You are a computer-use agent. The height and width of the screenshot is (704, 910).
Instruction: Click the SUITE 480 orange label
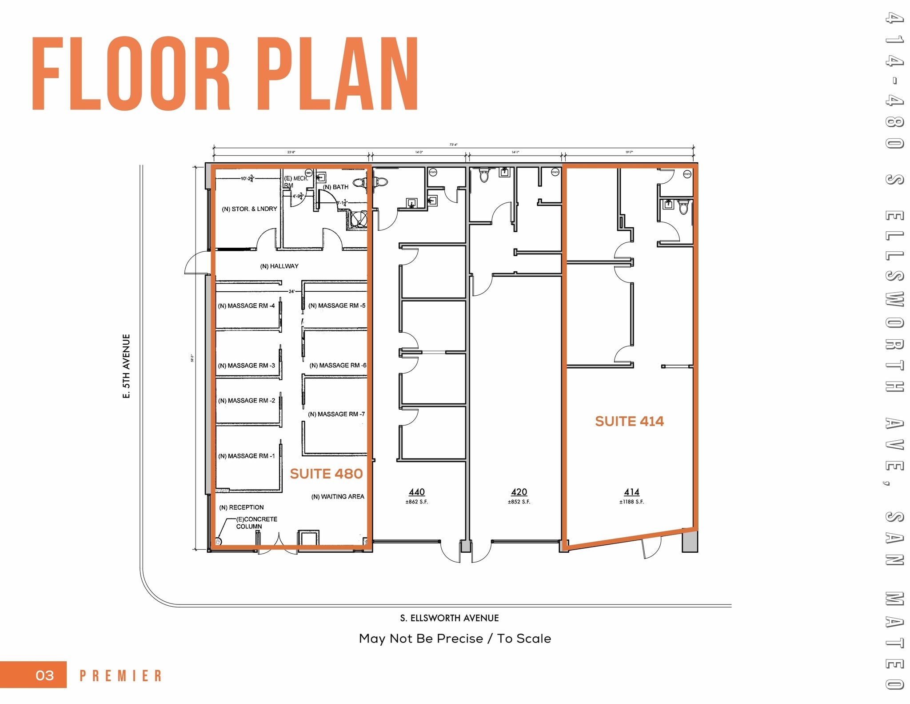tap(326, 474)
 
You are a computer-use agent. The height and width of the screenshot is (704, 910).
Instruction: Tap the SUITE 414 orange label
tap(629, 421)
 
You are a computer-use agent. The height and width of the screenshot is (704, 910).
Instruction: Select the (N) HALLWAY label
tap(279, 266)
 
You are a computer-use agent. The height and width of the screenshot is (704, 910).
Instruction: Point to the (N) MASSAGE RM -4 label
tap(246, 306)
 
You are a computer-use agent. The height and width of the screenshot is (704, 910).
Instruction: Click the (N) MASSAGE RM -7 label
tap(336, 414)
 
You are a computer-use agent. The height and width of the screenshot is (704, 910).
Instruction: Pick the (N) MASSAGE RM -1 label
tap(246, 456)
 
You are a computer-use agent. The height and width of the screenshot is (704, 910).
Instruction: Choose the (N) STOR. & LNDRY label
tap(249, 209)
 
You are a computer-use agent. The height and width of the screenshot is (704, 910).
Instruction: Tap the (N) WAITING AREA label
tap(337, 496)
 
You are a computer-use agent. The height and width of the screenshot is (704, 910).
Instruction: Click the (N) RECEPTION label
tap(241, 507)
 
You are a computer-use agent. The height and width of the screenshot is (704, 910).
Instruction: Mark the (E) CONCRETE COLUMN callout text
tap(256, 523)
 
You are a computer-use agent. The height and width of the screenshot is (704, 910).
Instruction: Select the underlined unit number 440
tap(417, 492)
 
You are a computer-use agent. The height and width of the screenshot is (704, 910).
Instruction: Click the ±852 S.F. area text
tap(519, 502)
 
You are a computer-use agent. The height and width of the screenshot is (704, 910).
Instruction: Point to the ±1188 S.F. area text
tap(631, 502)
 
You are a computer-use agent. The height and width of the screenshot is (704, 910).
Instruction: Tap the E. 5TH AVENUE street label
tap(127, 366)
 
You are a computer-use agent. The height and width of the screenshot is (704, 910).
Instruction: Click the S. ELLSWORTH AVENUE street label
tap(449, 618)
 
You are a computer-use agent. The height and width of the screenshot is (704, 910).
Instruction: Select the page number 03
tap(44, 676)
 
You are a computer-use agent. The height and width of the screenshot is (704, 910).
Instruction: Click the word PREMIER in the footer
tap(120, 676)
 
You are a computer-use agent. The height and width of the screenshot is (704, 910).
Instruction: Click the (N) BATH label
tap(335, 187)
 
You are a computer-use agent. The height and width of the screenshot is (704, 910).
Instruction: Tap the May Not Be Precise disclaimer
tap(455, 638)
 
